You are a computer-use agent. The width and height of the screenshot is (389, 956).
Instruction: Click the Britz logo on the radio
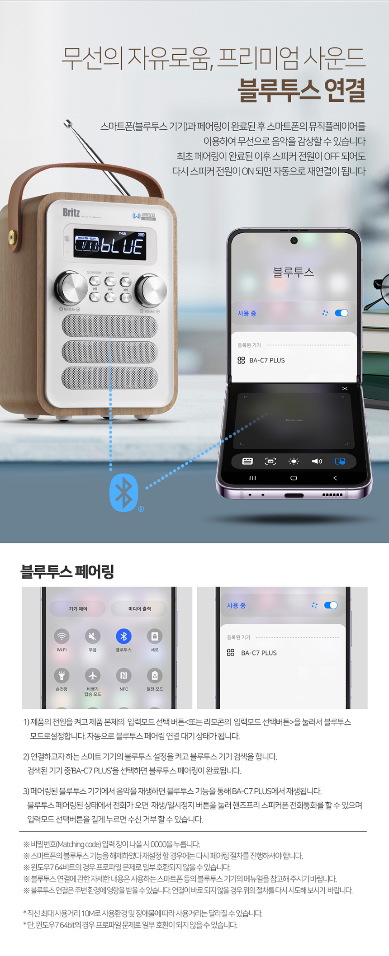(x=71, y=212)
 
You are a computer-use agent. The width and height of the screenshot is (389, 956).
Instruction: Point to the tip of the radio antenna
(x=67, y=122)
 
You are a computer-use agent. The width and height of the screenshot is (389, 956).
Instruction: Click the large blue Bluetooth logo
(x=124, y=492)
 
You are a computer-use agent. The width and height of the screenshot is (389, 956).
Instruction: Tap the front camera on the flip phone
(x=294, y=240)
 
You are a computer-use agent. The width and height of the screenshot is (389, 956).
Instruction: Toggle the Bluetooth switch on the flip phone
(x=342, y=313)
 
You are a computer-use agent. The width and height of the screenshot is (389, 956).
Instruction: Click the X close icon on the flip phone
(x=345, y=389)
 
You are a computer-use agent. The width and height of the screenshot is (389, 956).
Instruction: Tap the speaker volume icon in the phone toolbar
(x=317, y=461)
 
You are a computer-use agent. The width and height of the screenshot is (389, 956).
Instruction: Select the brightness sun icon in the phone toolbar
(x=294, y=461)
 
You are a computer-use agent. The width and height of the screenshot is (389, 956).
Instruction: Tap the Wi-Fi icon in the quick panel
(x=62, y=636)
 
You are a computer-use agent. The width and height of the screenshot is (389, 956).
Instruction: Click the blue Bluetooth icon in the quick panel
(x=123, y=636)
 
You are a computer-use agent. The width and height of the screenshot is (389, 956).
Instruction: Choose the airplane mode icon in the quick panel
(x=93, y=676)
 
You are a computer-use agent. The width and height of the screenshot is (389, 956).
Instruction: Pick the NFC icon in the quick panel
(x=123, y=676)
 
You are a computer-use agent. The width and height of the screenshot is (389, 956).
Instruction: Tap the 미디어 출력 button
(x=139, y=609)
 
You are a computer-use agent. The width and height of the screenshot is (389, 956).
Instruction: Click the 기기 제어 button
(x=78, y=609)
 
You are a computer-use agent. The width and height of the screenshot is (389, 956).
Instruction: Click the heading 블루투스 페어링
(x=67, y=572)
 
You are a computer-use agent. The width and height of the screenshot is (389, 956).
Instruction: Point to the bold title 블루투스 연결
(x=302, y=89)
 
